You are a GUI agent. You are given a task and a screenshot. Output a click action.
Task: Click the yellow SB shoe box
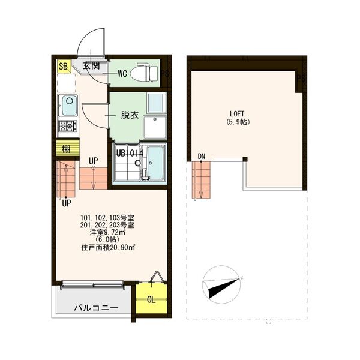(64, 67)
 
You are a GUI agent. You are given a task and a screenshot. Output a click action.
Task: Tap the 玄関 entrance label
(91, 66)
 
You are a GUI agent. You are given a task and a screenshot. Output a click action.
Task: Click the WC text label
(122, 74)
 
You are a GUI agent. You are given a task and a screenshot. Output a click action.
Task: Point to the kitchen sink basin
(70, 106)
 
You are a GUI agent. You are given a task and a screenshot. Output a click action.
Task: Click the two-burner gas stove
(68, 126)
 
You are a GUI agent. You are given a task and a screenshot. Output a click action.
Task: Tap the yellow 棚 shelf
(67, 149)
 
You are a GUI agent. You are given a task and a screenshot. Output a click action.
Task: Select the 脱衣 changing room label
(130, 115)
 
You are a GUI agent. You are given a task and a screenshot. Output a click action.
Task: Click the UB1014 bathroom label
(130, 153)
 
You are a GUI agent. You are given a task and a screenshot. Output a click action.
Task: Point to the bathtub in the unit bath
(155, 163)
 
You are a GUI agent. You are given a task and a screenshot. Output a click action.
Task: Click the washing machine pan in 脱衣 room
(155, 127)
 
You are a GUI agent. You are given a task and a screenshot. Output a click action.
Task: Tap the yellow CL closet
(151, 298)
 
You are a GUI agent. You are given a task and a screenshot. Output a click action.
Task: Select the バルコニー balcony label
(96, 308)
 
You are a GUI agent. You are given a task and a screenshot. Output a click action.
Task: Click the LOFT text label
(237, 113)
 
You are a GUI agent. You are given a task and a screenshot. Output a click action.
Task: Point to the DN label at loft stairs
(202, 157)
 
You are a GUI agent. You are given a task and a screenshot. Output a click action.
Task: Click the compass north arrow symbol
(221, 285)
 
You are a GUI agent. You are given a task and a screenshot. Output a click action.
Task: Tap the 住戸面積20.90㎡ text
(108, 247)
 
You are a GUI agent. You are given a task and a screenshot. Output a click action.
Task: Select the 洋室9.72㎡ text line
(107, 232)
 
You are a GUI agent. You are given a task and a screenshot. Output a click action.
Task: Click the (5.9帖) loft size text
(238, 122)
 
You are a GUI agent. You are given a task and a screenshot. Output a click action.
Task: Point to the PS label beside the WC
(165, 73)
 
